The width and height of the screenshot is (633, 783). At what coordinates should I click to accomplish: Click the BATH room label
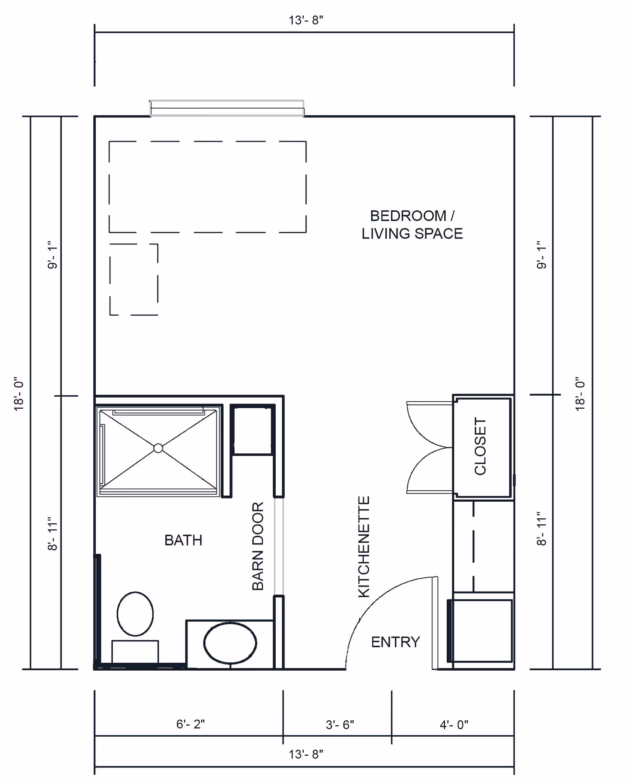(183, 540)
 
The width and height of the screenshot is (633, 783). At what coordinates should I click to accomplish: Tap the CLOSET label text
(480, 446)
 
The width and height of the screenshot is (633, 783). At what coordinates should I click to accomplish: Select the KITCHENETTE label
(364, 546)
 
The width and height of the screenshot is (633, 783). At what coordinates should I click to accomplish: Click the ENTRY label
(395, 642)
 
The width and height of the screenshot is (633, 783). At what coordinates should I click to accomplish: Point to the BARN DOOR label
(258, 546)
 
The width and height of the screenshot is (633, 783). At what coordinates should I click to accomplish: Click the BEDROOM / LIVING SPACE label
(412, 225)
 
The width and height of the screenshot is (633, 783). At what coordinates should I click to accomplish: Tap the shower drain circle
(158, 448)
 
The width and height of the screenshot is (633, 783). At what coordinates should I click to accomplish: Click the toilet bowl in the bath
(135, 614)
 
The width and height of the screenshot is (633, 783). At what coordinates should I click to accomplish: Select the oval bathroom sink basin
(230, 643)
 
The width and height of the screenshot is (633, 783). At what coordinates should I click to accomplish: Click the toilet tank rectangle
(135, 652)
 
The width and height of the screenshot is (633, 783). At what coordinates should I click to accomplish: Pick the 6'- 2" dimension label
(190, 724)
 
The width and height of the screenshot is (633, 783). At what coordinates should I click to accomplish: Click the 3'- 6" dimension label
(340, 724)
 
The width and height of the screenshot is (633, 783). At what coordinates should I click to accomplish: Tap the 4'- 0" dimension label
(454, 724)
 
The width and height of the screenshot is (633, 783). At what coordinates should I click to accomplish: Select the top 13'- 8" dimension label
(306, 20)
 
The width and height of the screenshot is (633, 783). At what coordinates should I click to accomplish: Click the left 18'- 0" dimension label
(19, 394)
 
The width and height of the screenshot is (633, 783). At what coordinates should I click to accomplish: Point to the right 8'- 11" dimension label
(541, 531)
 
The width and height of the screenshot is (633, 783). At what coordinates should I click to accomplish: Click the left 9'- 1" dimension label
(52, 255)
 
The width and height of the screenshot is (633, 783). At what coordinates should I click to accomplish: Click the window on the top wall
(227, 108)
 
